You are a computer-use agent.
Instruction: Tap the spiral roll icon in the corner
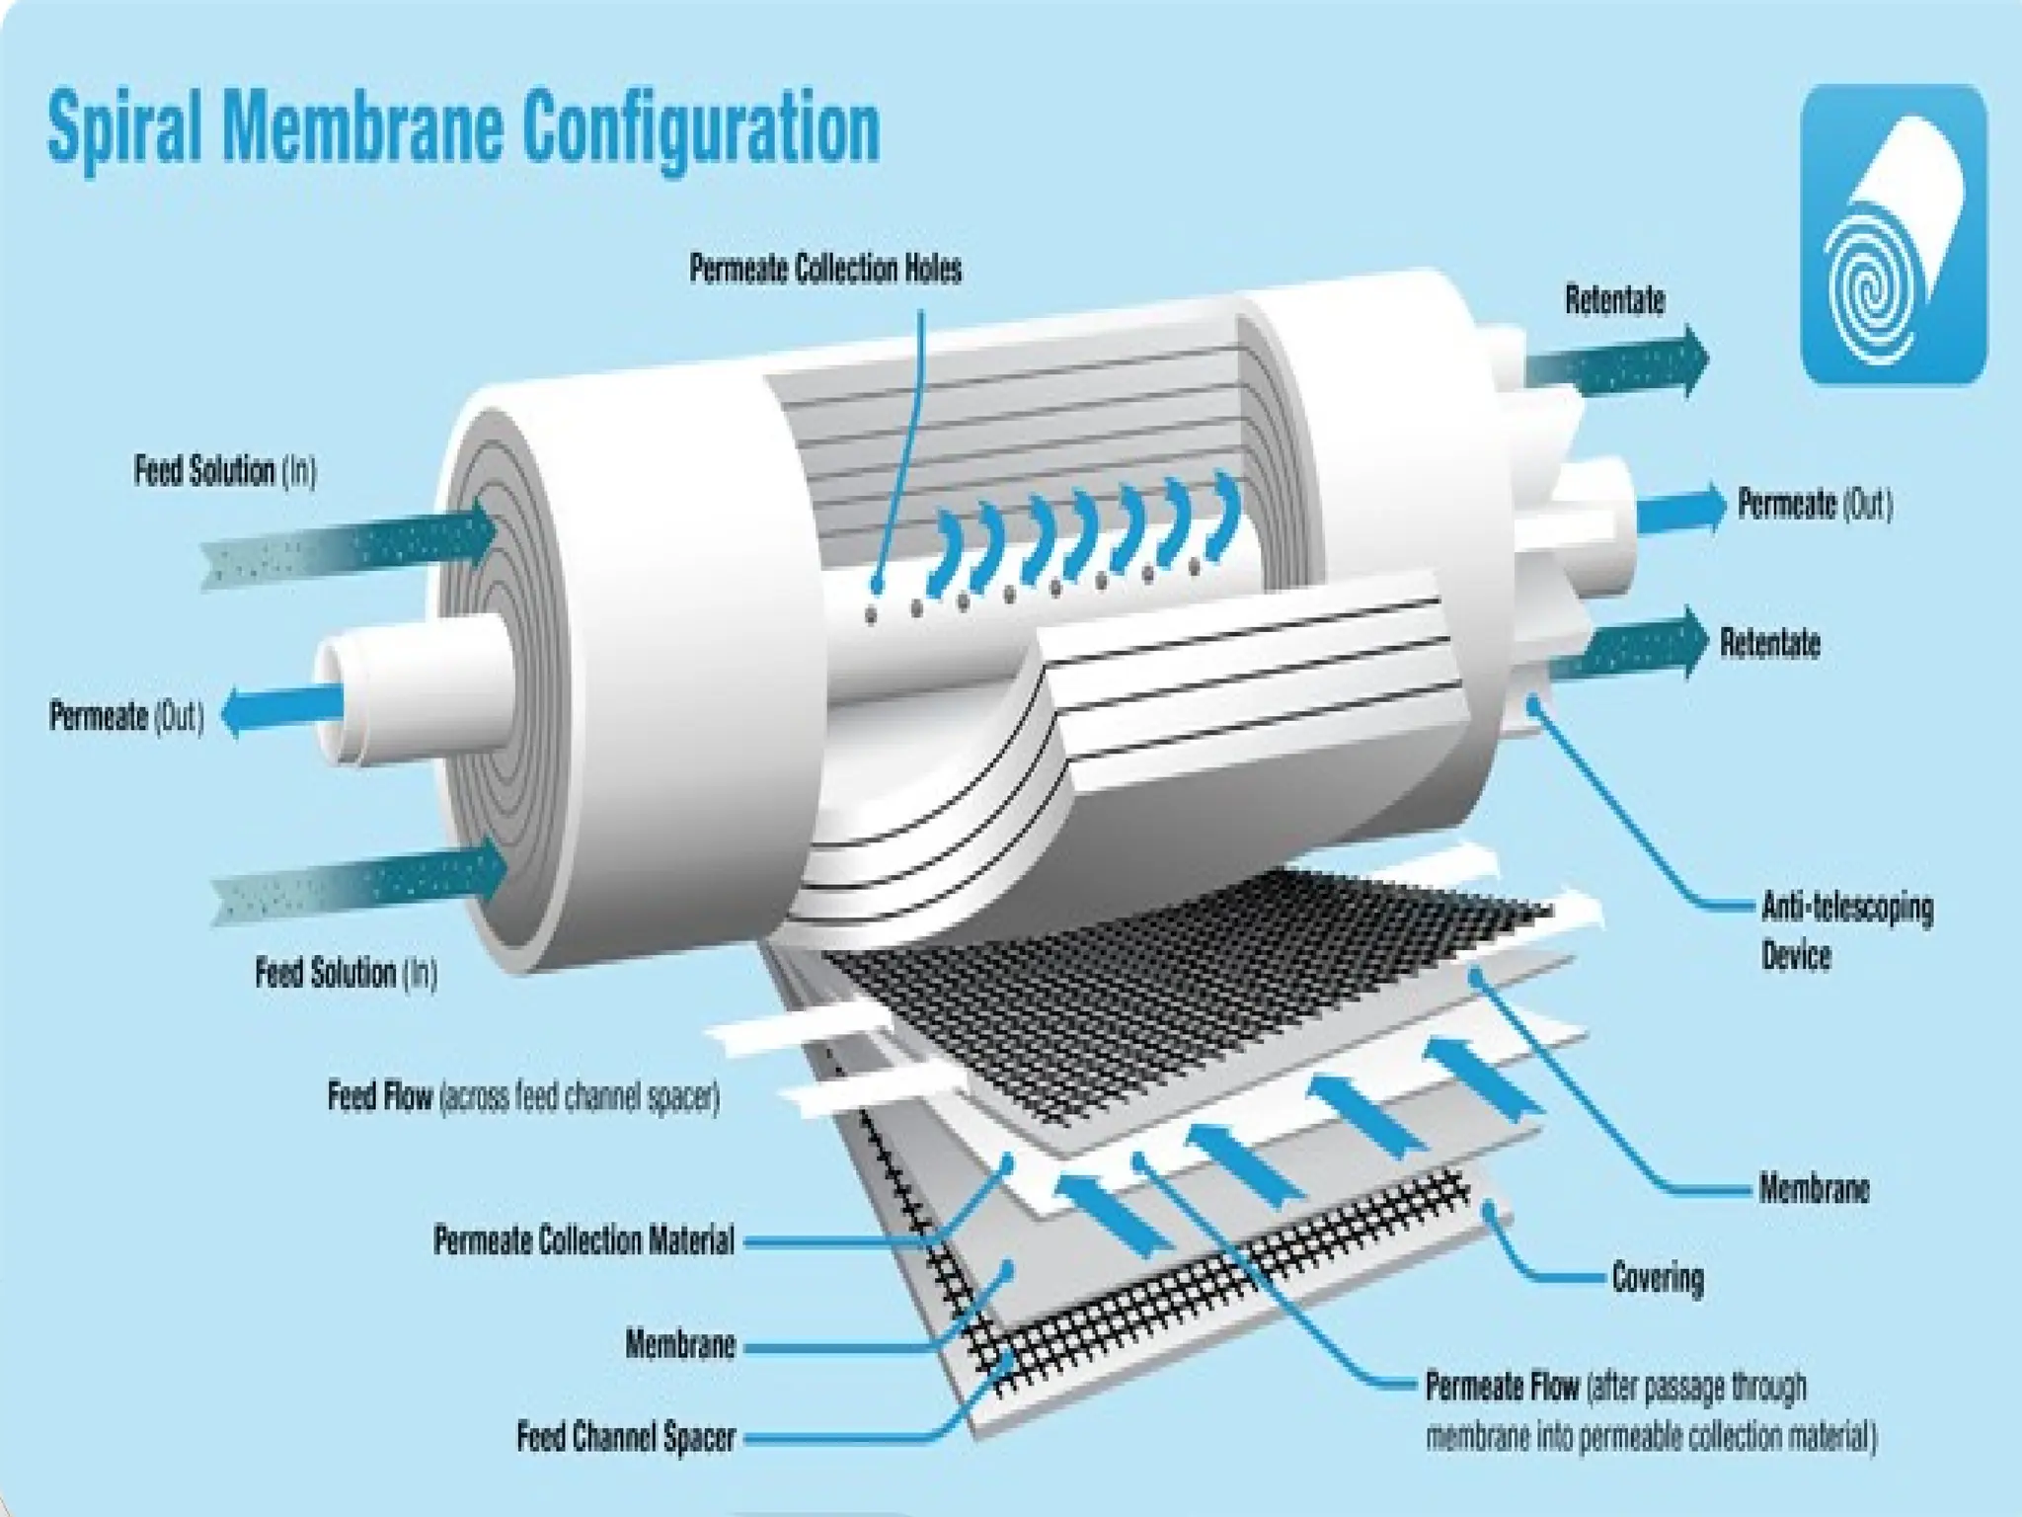[1894, 234]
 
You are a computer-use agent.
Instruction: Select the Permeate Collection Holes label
[825, 270]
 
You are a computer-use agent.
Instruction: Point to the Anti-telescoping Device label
[1846, 930]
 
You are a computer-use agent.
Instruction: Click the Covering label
[1658, 1278]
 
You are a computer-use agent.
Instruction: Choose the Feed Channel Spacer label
[626, 1437]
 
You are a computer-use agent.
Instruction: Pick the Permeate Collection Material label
[583, 1240]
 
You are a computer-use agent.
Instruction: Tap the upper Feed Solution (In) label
[225, 472]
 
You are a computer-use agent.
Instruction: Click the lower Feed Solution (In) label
[346, 973]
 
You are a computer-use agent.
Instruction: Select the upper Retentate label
[1615, 300]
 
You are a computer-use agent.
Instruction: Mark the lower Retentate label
[1770, 643]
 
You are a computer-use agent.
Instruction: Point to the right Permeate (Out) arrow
[1678, 510]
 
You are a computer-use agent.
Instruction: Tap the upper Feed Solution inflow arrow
[355, 549]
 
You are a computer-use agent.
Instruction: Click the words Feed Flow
[380, 1097]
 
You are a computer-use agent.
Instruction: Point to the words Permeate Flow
[1502, 1387]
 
